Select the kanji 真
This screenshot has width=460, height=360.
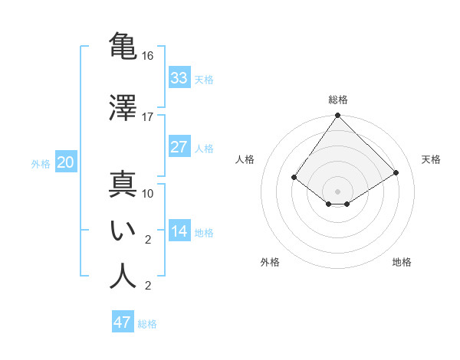[x=123, y=186]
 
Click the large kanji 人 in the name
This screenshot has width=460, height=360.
[x=123, y=277]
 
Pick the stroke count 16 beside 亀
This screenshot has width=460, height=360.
[x=148, y=56]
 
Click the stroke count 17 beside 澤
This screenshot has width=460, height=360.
[x=148, y=116]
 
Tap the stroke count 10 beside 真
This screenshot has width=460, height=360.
[x=148, y=193]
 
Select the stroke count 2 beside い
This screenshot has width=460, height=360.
[x=148, y=239]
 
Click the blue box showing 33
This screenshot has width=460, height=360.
[x=179, y=78]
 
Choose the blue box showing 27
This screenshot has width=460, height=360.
[x=179, y=147]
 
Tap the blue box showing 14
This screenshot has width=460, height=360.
[x=179, y=231]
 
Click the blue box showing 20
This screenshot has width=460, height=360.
[x=66, y=162]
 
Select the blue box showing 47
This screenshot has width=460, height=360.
[x=123, y=322]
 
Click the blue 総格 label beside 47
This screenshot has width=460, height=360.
[x=147, y=324]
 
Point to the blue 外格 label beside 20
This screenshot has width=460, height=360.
[x=41, y=163]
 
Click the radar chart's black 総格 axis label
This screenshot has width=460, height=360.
[x=338, y=100]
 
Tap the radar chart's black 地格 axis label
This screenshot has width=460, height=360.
[x=402, y=262]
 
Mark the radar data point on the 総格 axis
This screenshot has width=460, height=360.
[x=338, y=116]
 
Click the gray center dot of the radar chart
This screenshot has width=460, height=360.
[x=338, y=191]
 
